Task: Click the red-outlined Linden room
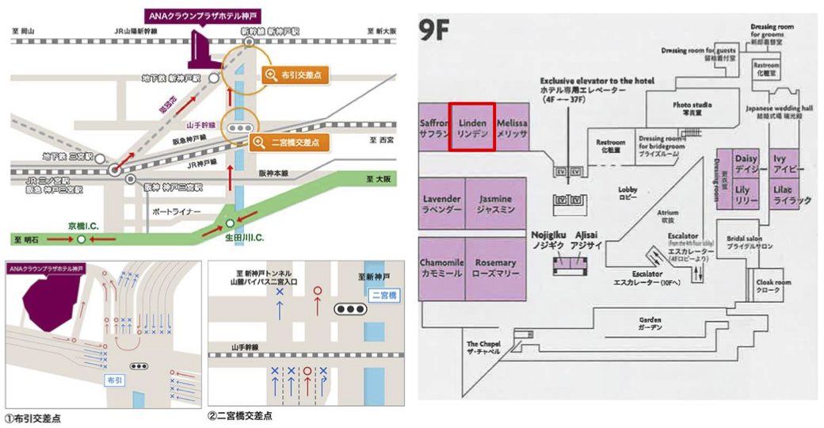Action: [x=472, y=127]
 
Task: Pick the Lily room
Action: [x=742, y=195]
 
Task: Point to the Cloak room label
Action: [x=773, y=285]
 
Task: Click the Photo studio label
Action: [x=692, y=109]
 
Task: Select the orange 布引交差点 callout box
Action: [x=295, y=75]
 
